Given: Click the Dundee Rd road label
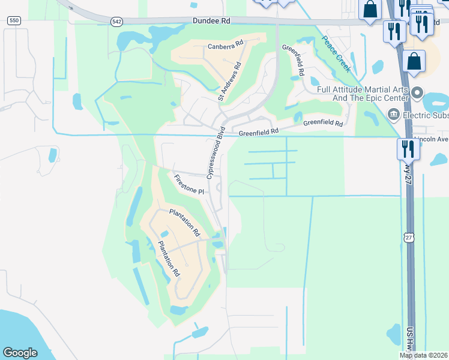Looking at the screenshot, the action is [x=211, y=20].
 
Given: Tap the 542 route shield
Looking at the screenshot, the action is [x=116, y=21].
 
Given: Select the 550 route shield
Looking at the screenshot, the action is [x=13, y=20].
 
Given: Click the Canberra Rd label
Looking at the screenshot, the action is [x=225, y=45].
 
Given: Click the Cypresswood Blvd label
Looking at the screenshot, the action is [x=215, y=152].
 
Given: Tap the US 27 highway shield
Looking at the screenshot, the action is [x=409, y=238].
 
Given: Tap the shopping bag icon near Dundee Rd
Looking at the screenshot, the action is [x=370, y=9].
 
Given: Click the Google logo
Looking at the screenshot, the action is [x=20, y=352].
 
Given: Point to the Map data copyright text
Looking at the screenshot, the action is [x=424, y=355].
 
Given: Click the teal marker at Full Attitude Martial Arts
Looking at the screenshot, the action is [x=418, y=94].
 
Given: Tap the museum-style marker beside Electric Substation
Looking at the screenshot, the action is [x=393, y=113].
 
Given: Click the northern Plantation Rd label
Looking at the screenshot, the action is [x=184, y=221].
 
